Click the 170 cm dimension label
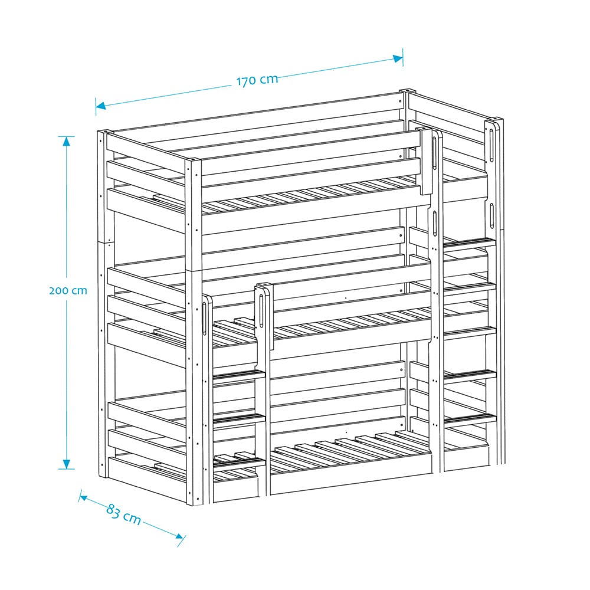click(x=257, y=80)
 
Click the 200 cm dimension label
click(x=68, y=290)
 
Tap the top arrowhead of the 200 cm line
click(x=67, y=141)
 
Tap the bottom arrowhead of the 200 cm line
click(x=67, y=464)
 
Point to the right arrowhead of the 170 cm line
click(x=398, y=58)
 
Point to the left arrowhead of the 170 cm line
click(x=101, y=105)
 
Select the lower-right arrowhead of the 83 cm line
click(x=179, y=536)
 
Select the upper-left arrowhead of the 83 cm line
click(x=84, y=498)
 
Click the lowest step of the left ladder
click(x=240, y=461)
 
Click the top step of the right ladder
click(x=470, y=242)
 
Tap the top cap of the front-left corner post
click(x=193, y=160)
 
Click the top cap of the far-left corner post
click(x=106, y=132)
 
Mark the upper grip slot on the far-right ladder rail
click(x=492, y=146)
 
